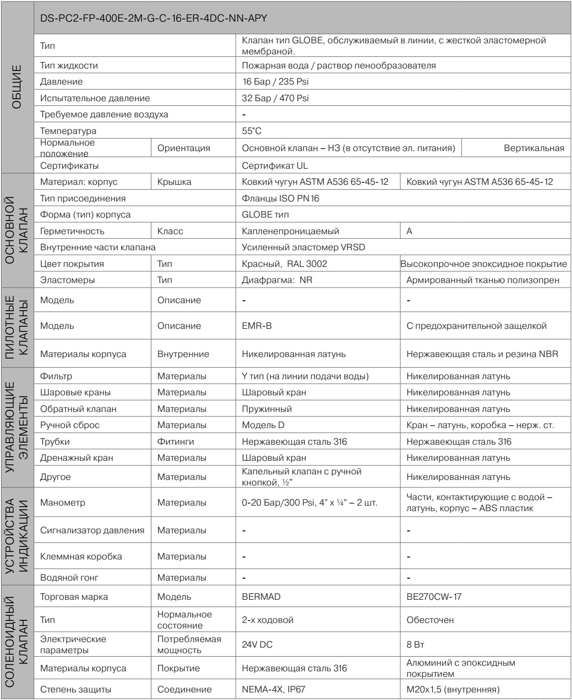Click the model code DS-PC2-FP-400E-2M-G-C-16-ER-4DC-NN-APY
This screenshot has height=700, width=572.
[153, 18]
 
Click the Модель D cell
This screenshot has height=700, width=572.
[262, 425]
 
